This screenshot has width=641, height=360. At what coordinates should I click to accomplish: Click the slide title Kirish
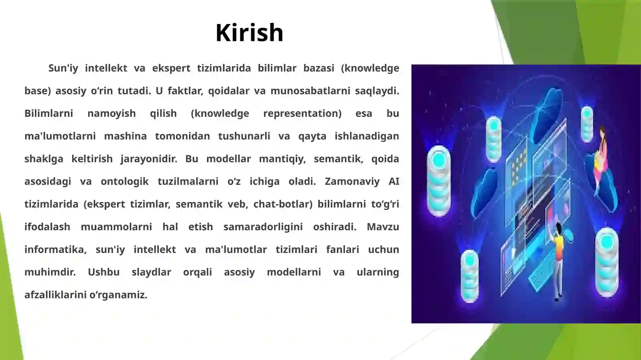click(249, 32)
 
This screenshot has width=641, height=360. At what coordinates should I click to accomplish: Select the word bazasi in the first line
click(318, 68)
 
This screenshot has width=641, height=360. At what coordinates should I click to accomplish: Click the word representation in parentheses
click(302, 113)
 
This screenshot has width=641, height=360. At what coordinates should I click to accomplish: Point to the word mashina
click(125, 136)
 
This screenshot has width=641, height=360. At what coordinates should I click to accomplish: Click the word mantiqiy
click(282, 159)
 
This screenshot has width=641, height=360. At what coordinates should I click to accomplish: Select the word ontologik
click(125, 181)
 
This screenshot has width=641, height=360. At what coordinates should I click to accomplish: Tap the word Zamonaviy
click(352, 181)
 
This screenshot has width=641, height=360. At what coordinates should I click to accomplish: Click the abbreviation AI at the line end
click(393, 181)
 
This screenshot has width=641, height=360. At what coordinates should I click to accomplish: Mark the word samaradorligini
click(263, 227)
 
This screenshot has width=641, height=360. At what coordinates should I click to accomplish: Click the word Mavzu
click(383, 227)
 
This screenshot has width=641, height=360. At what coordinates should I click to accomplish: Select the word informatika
click(55, 249)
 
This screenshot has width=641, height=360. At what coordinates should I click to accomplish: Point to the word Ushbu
click(104, 272)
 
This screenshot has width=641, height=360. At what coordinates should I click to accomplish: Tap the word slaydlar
click(151, 272)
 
